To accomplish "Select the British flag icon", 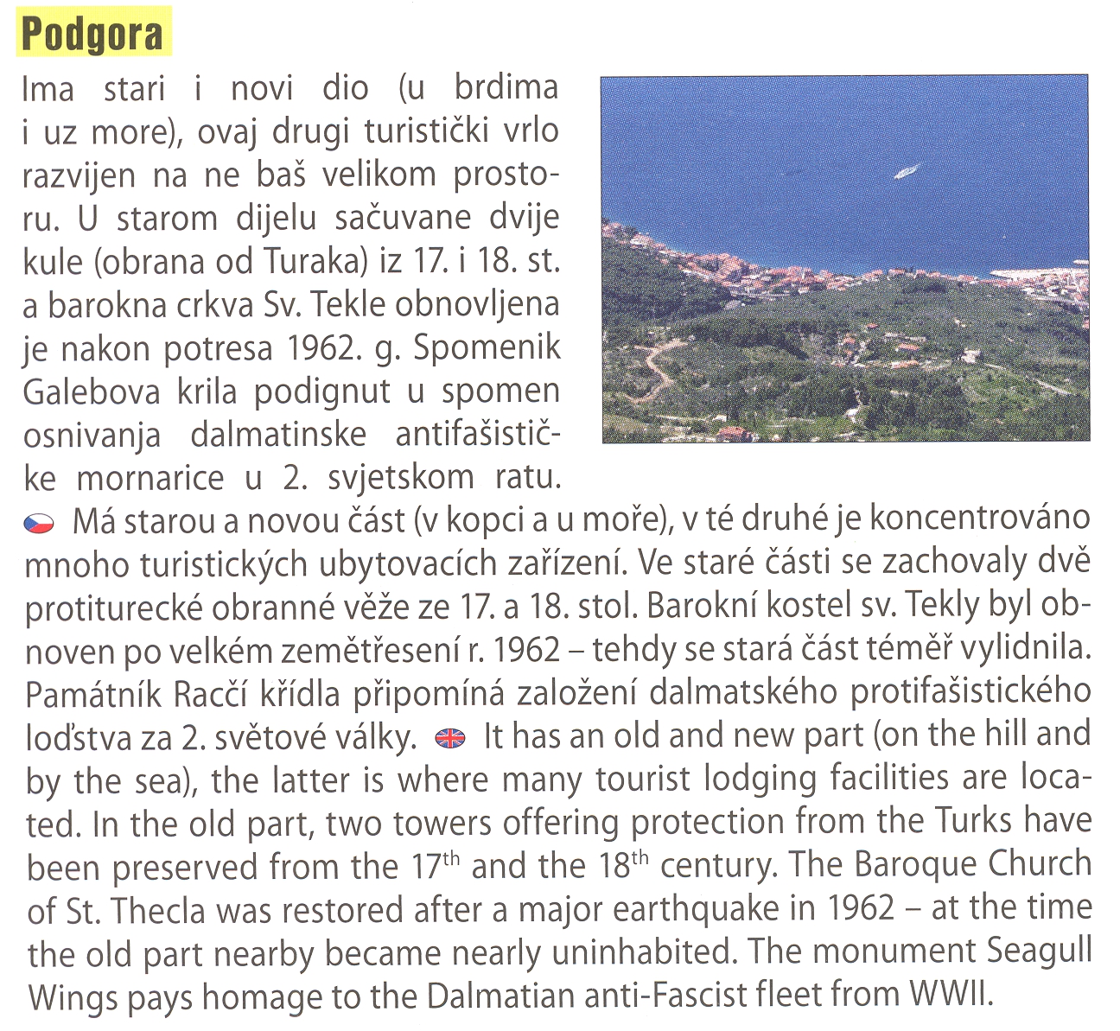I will tap(450, 737).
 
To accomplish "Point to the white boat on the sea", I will tap(907, 171).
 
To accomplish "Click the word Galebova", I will tap(92, 392).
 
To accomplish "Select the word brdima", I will tap(506, 88).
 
